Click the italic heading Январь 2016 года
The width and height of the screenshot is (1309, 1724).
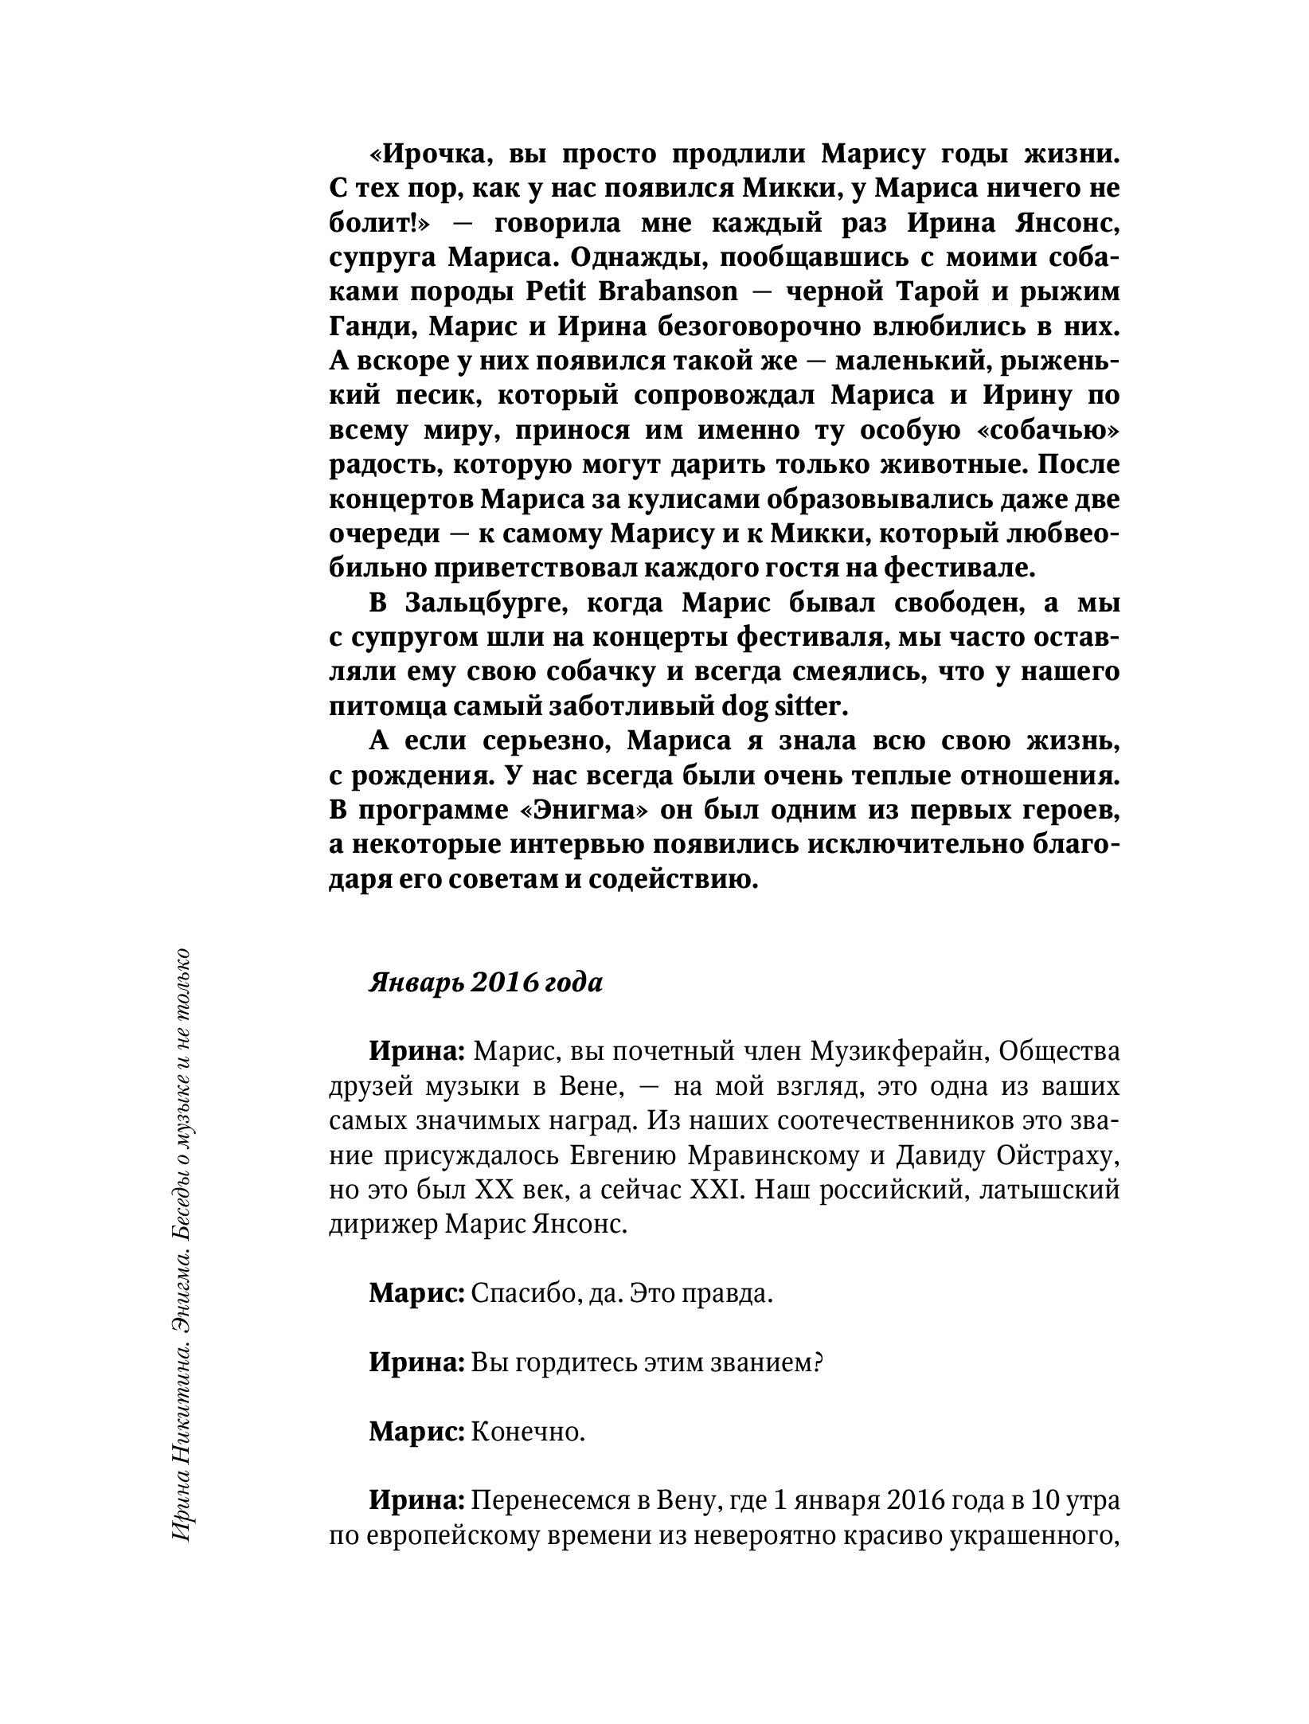(486, 983)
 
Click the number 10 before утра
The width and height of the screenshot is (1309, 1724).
(1047, 1502)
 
